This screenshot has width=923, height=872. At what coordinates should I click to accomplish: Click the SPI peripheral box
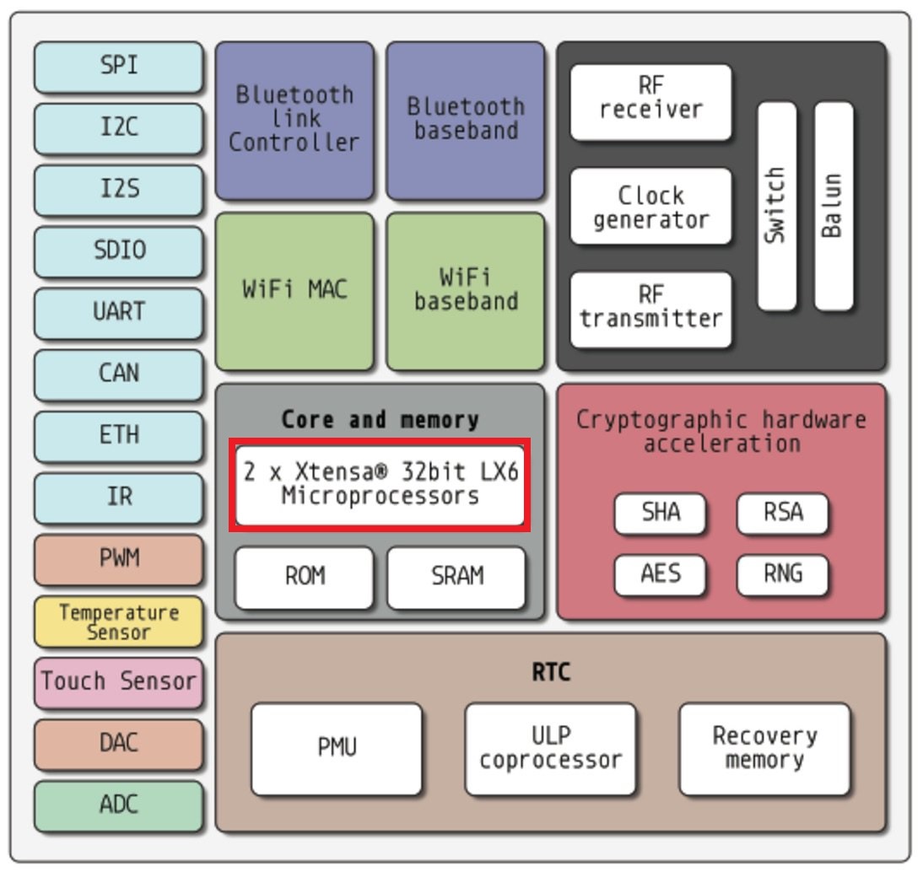click(x=119, y=67)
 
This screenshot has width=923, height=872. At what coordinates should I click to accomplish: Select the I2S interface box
click(x=119, y=190)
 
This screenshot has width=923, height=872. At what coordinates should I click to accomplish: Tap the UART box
click(x=119, y=312)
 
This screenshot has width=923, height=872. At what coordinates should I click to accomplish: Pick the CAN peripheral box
click(x=119, y=374)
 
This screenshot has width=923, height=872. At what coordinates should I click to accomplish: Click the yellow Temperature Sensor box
click(x=119, y=622)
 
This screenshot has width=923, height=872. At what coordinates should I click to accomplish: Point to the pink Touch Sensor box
click(x=119, y=681)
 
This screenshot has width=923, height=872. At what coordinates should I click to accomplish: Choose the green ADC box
click(x=119, y=805)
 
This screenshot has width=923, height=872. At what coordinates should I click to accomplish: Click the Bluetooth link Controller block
click(x=294, y=120)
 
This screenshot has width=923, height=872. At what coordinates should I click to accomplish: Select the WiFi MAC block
click(x=294, y=290)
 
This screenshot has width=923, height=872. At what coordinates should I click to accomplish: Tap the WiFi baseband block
click(x=466, y=290)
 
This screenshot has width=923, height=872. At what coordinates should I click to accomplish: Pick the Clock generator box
click(x=650, y=207)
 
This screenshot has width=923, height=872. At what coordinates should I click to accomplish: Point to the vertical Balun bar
click(x=833, y=207)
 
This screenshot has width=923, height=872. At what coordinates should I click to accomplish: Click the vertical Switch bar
click(x=776, y=207)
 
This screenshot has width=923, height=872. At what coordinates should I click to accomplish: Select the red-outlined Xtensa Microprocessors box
click(x=381, y=484)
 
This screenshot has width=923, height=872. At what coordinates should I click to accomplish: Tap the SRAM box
click(x=456, y=577)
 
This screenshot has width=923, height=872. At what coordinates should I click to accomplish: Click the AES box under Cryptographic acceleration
click(x=660, y=575)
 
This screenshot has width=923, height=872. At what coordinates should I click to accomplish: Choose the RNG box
click(x=782, y=575)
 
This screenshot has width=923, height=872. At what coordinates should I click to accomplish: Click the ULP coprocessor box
click(x=550, y=749)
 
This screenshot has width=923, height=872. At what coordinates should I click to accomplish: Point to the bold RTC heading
click(x=550, y=672)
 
